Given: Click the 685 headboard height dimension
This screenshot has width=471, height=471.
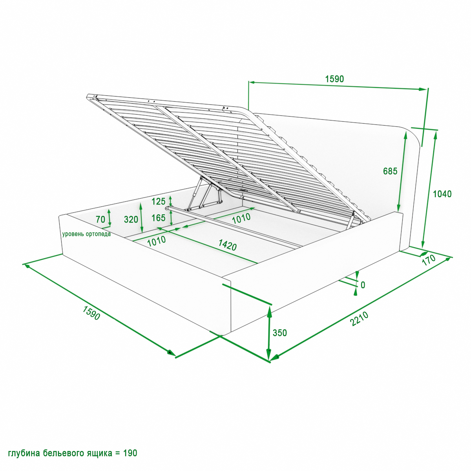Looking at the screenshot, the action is (390, 171).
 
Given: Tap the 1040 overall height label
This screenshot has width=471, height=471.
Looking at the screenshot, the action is (442, 194).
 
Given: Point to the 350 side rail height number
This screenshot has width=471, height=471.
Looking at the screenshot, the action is (279, 333).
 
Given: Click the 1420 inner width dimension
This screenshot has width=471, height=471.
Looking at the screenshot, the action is (227, 245).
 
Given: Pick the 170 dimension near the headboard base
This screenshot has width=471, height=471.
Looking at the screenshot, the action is (429, 260).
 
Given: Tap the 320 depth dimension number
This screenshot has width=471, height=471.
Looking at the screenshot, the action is (131, 219).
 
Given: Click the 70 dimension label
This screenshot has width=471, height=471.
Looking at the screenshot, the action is (100, 219).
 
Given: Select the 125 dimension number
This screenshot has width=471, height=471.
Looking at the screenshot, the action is (159, 201).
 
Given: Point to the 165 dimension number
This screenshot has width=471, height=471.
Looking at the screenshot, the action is (159, 217).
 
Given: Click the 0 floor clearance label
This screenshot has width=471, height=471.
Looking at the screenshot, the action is (363, 285).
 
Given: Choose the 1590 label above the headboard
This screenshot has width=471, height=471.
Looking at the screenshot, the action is (334, 79).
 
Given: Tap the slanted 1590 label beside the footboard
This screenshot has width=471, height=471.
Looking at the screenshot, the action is (91, 313).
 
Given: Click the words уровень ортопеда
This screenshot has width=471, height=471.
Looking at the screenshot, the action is (86, 234).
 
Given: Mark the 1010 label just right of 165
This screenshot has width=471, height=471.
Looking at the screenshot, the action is (241, 218).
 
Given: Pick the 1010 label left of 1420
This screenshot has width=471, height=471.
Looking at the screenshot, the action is (157, 241).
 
